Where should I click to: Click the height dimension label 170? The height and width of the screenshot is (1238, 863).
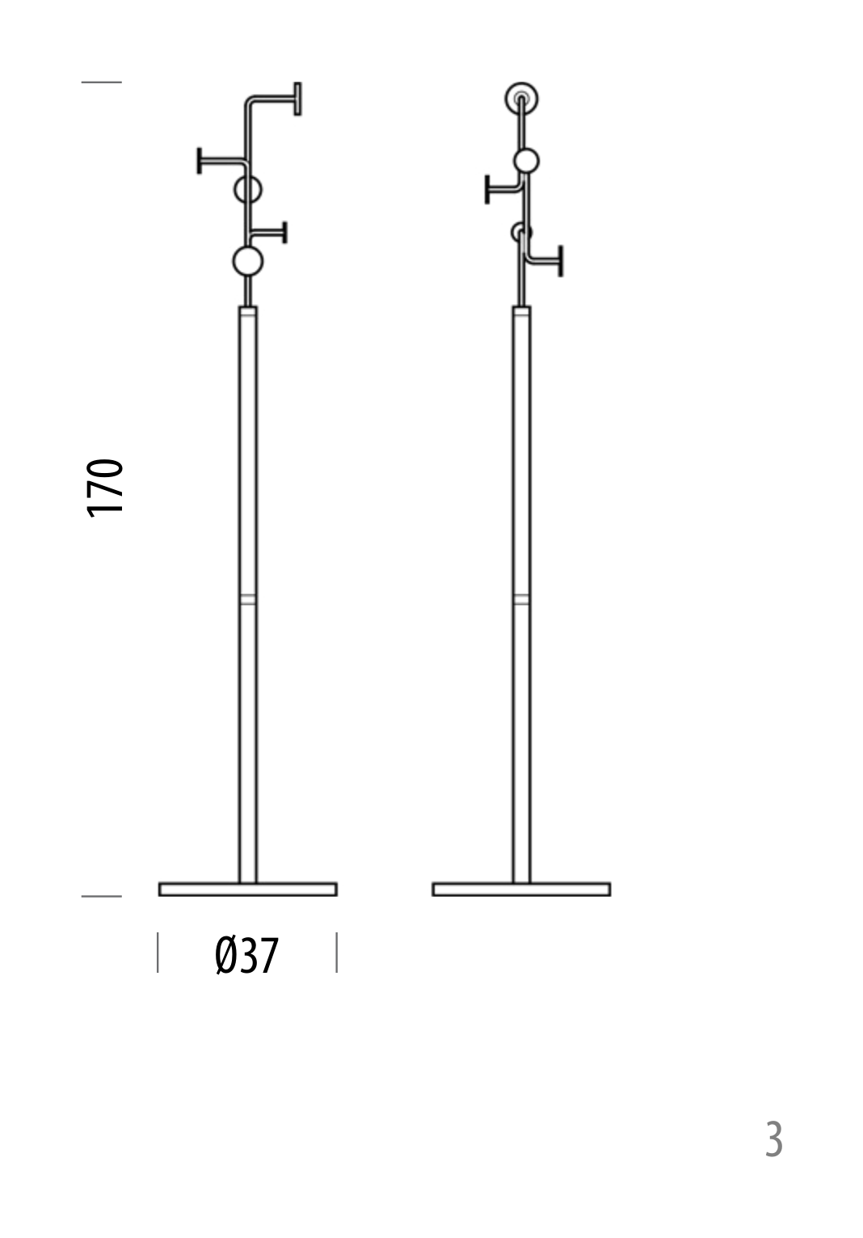pos(105,488)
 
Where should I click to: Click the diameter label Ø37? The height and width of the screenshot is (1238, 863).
pos(246,956)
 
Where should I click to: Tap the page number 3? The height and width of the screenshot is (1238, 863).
pos(773,1139)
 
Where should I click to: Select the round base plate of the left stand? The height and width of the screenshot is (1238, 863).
pos(248,889)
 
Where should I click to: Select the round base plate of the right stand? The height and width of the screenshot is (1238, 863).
pos(521,889)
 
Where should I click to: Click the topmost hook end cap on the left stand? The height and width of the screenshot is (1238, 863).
pos(297,99)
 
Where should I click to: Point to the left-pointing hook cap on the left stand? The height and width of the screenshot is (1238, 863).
pos(200,161)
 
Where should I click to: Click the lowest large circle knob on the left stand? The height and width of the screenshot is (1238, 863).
pos(248,261)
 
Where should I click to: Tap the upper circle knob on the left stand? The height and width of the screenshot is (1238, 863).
pos(248,189)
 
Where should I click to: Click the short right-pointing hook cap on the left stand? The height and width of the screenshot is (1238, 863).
pos(284,233)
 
